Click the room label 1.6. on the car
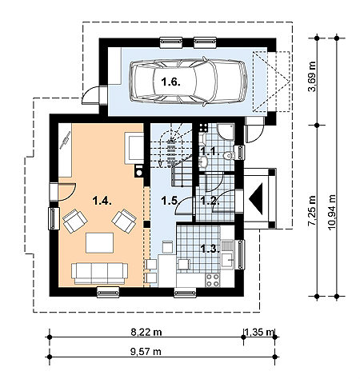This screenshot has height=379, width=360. pyautogui.click(x=171, y=82)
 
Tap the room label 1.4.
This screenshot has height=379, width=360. pyautogui.click(x=102, y=201)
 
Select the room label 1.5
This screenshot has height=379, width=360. pyautogui.click(x=170, y=201)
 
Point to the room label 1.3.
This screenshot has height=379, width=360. pyautogui.click(x=210, y=249)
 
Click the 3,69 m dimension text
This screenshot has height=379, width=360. pyautogui.click(x=312, y=77)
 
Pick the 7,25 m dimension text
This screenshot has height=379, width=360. pyautogui.click(x=312, y=210)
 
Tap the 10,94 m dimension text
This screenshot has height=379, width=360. pyautogui.click(x=332, y=213)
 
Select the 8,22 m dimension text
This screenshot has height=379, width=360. pyautogui.click(x=146, y=332)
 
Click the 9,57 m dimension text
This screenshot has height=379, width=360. pyautogui.click(x=146, y=352)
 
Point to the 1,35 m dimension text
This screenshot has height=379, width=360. pyautogui.click(x=259, y=332)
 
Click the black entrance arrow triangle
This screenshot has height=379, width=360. pyautogui.click(x=255, y=198)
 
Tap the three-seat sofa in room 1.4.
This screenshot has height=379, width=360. pyautogui.click(x=99, y=273)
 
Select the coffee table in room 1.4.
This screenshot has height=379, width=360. pyautogui.click(x=99, y=242)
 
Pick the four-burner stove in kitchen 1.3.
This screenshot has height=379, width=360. pyautogui.click(x=213, y=280)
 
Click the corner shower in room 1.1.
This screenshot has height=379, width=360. pyautogui.click(x=226, y=131)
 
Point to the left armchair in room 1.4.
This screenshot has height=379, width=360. pyautogui.click(x=75, y=221)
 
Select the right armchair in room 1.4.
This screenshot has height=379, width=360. pyautogui.click(x=124, y=221)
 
